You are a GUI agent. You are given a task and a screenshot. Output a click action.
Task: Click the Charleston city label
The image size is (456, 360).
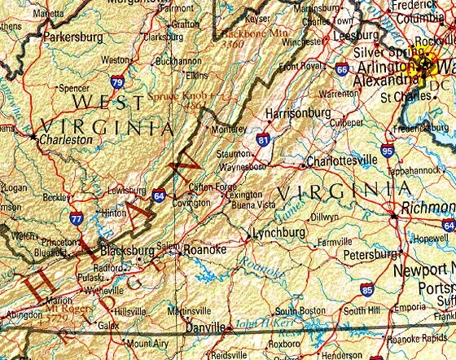[x=67, y=139]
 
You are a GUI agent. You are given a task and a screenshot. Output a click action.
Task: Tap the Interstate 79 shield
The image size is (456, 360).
[x=117, y=81]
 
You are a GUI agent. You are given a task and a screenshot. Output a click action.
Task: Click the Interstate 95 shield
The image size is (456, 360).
[x=387, y=151]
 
